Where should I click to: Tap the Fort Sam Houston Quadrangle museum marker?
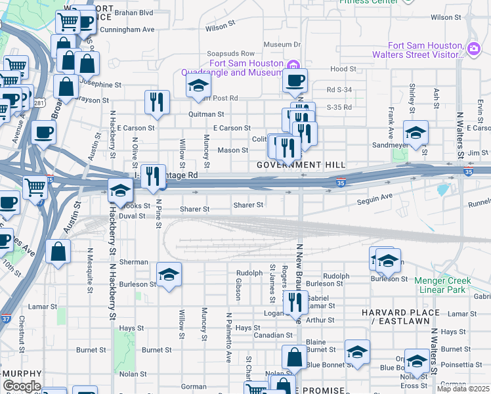294,64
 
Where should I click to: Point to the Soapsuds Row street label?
230,53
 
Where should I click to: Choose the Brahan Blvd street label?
133,12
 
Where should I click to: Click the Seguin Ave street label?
374,196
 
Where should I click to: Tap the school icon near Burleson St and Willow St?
169,274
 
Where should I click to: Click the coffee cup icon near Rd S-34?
295,80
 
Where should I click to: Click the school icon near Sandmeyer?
416,132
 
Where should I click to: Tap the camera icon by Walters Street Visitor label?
474,47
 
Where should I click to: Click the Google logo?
21,386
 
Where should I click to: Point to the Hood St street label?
343,69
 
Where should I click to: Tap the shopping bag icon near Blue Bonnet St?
294,357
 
